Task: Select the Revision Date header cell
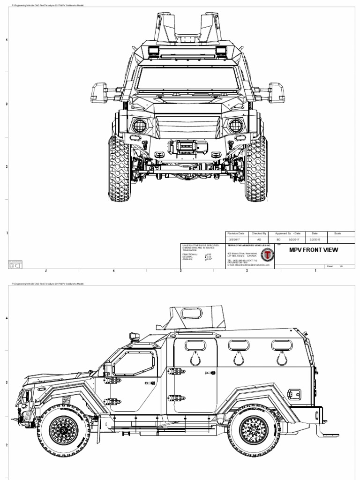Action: pyautogui.click(x=235, y=233)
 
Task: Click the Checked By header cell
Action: pyautogui.click(x=259, y=233)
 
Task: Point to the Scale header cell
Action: pyautogui.click(x=338, y=233)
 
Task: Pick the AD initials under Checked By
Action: pyautogui.click(x=259, y=239)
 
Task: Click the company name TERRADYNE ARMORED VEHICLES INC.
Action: pyautogui.click(x=249, y=245)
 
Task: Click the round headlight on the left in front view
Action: pyautogui.click(x=139, y=126)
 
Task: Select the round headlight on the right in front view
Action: pyautogui.click(x=234, y=126)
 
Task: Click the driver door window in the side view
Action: pyautogui.click(x=134, y=363)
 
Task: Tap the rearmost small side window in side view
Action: pyautogui.click(x=281, y=346)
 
